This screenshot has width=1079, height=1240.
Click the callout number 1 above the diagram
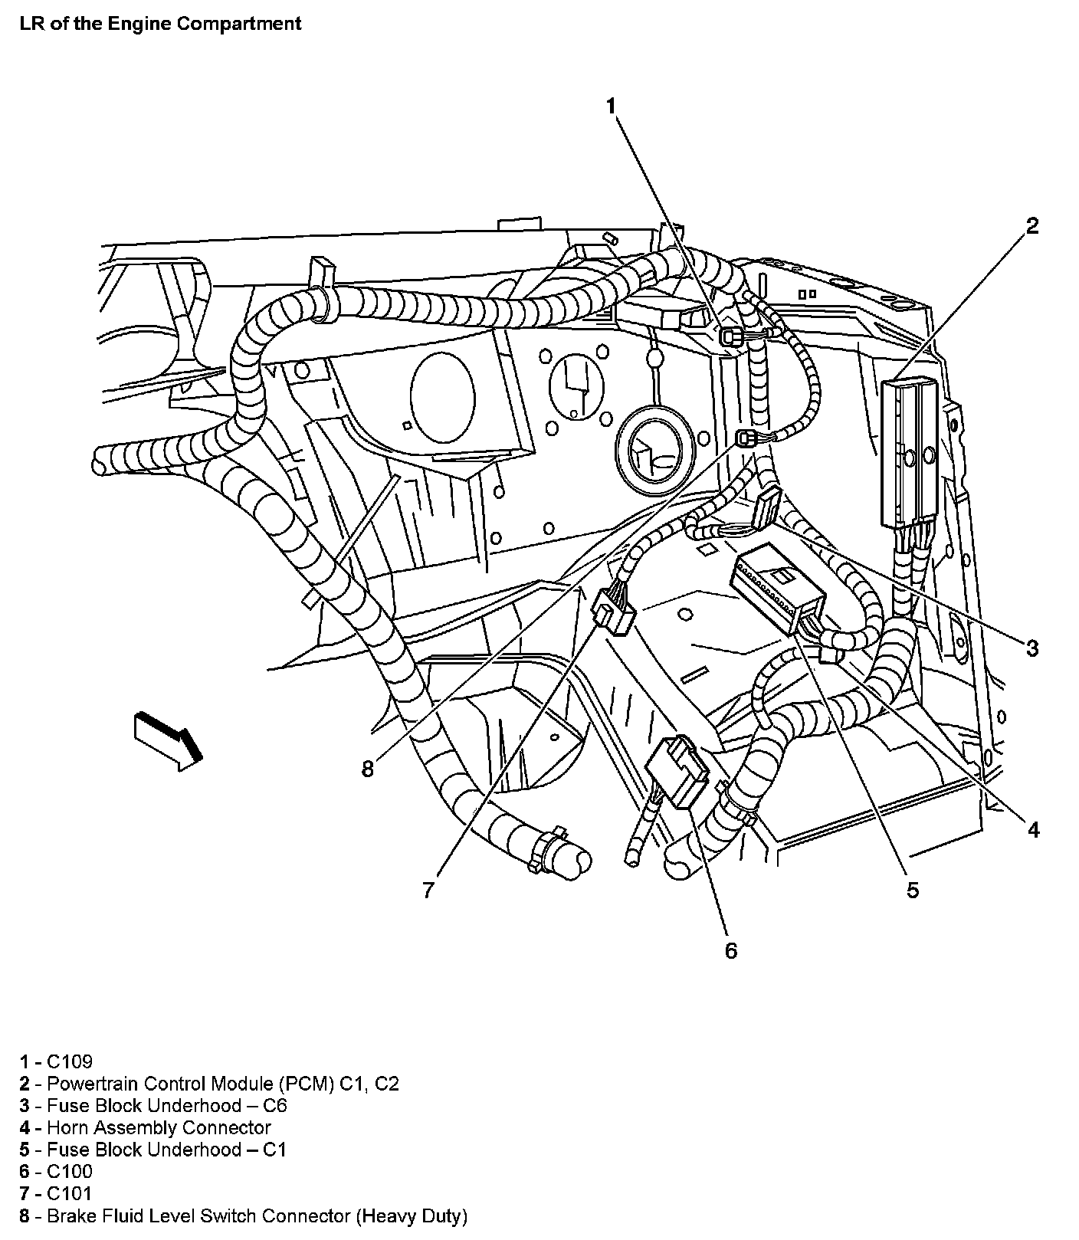click(611, 107)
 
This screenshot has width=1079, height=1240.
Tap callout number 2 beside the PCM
click(1032, 226)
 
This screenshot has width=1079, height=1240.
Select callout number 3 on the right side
click(1032, 648)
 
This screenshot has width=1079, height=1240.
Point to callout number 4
click(1033, 829)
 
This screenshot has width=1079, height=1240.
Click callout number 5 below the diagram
click(912, 890)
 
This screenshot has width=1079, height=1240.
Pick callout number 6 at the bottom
click(730, 951)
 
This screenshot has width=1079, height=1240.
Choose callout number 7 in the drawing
click(428, 890)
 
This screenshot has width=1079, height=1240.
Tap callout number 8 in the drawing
click(368, 769)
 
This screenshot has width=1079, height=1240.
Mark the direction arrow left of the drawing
click(168, 740)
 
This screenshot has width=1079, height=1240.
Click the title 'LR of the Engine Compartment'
click(160, 24)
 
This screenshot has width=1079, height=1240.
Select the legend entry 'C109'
click(69, 1061)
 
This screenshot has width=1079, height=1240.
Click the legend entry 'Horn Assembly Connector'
click(159, 1127)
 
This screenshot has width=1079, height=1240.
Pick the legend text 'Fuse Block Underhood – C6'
click(166, 1105)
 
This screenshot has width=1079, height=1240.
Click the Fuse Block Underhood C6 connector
click(766, 509)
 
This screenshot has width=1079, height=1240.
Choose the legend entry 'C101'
click(69, 1193)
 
